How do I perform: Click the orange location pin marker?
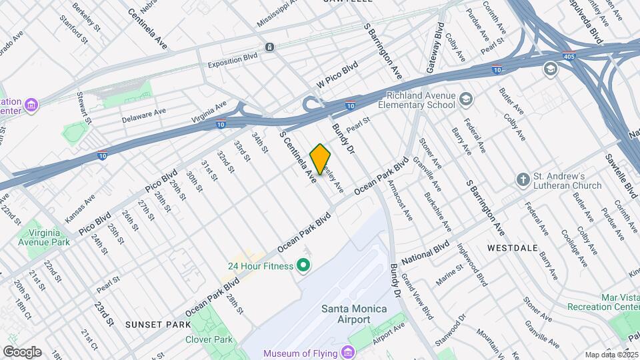click(x=320, y=159)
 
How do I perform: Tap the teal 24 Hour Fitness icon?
click(x=304, y=267)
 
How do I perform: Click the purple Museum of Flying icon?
click(x=348, y=353)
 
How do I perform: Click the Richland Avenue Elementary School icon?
click(x=466, y=100)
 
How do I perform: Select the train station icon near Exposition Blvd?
click(x=269, y=47)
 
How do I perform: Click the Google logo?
click(x=22, y=351)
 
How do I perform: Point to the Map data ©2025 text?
click(x=611, y=355)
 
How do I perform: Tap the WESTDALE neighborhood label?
click(x=512, y=247)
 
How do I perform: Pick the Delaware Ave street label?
click(x=143, y=116)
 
